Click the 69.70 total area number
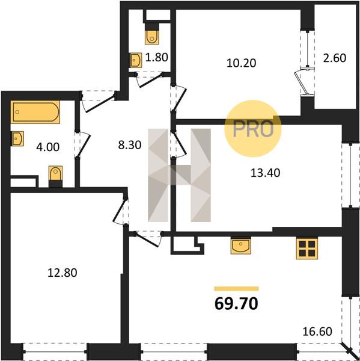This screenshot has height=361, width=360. [x=236, y=304]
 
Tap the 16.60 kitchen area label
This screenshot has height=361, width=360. [x=317, y=332]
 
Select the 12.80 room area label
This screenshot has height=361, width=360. [x=62, y=273]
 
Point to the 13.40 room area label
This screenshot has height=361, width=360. [x=265, y=173]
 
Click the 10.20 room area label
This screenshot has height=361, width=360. [x=241, y=63]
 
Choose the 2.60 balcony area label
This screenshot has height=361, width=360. [x=335, y=58]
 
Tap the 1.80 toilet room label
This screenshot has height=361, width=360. [x=157, y=57]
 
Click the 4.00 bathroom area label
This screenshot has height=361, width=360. [x=48, y=147]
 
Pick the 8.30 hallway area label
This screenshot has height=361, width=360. [x=129, y=145]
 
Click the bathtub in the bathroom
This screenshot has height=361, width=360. [x=35, y=112]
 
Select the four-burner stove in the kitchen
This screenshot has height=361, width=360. [x=307, y=249]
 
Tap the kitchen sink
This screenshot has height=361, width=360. [x=240, y=246]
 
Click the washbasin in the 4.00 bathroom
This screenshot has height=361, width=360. [x=17, y=138]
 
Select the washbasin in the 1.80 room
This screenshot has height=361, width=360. [x=136, y=60]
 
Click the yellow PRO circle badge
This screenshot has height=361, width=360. [x=253, y=129]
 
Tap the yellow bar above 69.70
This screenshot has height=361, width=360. [x=236, y=289]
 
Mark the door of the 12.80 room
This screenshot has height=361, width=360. [x=121, y=212]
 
